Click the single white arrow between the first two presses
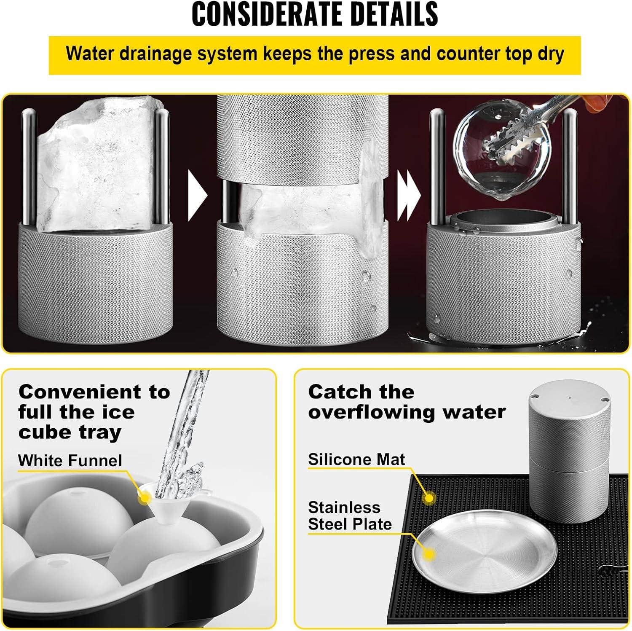tap(198, 195)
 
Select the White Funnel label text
tap(70, 460)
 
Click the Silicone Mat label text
tap(356, 459)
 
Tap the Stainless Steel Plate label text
tap(350, 515)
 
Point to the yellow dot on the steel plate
tap(429, 554)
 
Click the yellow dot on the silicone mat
tap(429, 498)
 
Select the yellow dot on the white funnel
tap(145, 498)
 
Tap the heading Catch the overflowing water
tap(407, 402)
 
